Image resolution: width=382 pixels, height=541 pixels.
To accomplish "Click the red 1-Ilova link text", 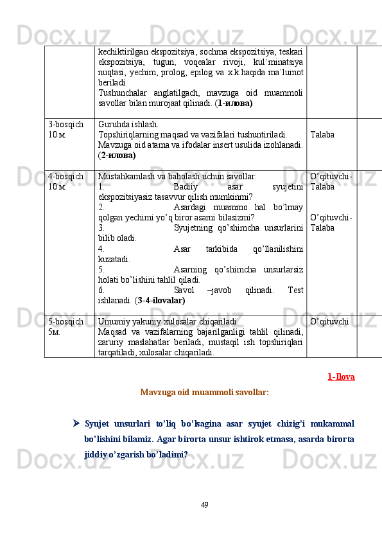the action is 341,377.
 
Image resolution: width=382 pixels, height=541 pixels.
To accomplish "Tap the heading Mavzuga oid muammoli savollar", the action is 204,391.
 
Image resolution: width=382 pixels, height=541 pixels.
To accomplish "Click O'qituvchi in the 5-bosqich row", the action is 329,320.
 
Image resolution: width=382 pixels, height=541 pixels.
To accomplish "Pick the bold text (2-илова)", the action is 117,155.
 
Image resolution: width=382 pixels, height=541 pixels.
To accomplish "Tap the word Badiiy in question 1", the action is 187,186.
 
